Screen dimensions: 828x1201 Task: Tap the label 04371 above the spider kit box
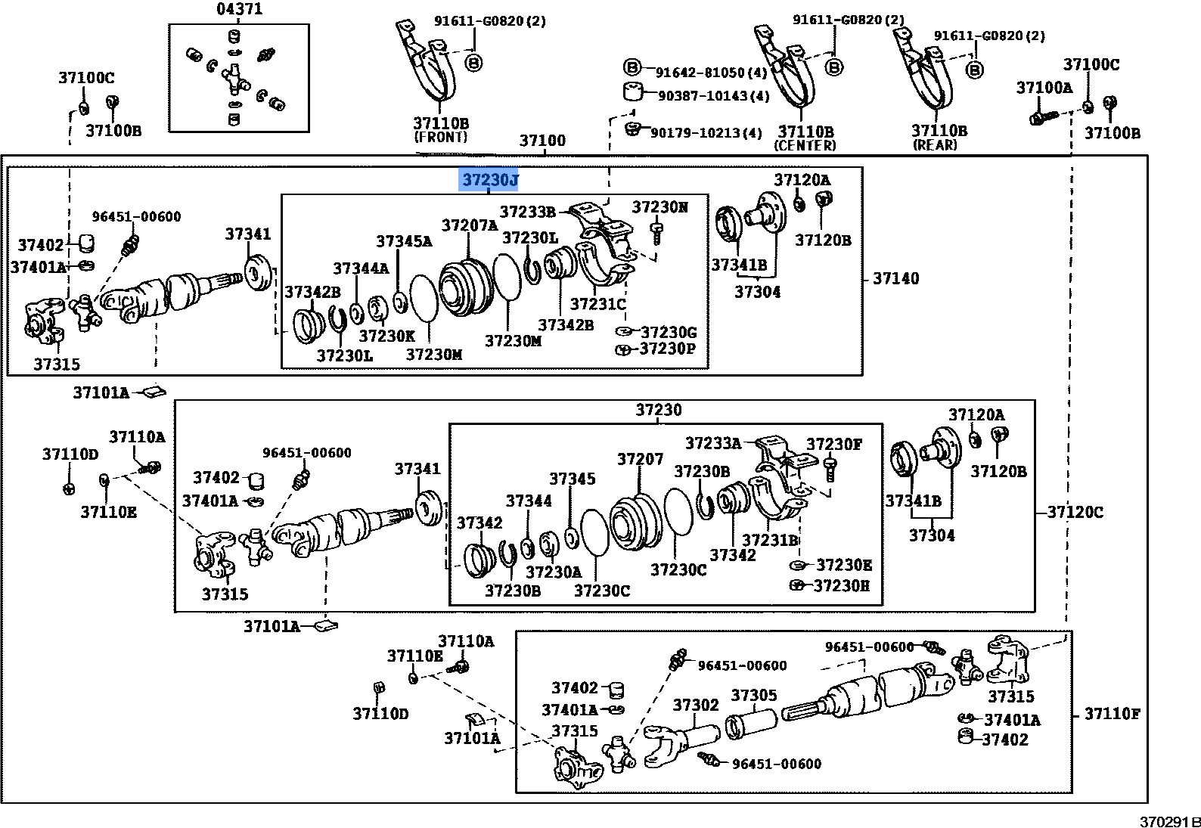pos(239,9)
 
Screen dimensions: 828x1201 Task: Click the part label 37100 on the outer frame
pos(542,141)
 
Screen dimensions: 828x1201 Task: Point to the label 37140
pos(896,278)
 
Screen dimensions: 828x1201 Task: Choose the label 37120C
pos(1075,512)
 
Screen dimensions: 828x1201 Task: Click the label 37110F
pos(1112,713)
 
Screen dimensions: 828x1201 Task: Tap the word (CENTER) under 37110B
pos(806,145)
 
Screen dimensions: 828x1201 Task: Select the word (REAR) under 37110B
pos(936,144)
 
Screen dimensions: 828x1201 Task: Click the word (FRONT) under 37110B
pos(441,137)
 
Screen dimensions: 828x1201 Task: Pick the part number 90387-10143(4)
pos(713,96)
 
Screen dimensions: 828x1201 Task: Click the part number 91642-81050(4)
pos(711,73)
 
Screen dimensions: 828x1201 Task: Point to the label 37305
pos(753,695)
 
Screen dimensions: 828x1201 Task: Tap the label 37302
pos(696,705)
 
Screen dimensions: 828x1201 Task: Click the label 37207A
pos(470,225)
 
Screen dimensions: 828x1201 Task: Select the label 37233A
pos(712,442)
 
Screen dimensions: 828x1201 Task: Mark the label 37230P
pos(667,349)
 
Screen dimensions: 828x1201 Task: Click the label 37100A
pos(1044,88)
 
